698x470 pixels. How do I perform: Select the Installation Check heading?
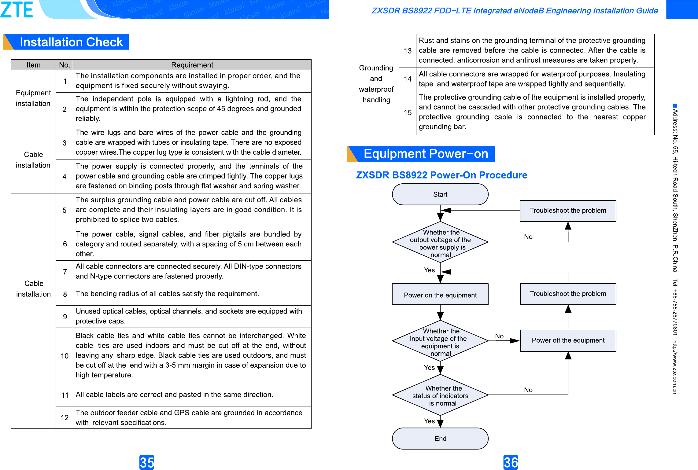(x=71, y=42)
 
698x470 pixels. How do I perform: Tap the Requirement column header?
(x=192, y=65)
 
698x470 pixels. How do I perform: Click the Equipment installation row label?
(x=33, y=98)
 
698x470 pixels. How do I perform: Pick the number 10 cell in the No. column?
(x=65, y=356)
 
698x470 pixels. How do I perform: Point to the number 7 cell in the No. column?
(x=65, y=272)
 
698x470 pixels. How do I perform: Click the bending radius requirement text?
(x=167, y=294)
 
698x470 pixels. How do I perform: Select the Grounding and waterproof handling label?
(x=376, y=84)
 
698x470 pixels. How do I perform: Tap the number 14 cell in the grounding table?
(x=408, y=79)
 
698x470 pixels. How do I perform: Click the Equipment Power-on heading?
(x=426, y=154)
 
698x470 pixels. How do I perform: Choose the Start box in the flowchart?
(x=440, y=194)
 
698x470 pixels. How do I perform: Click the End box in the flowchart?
(x=440, y=439)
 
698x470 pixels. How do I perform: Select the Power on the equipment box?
(x=440, y=295)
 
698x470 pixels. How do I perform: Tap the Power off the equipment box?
(x=568, y=340)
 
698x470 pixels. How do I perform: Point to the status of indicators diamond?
(x=440, y=395)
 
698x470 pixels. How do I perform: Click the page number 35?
(x=147, y=462)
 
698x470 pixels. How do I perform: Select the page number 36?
(x=511, y=462)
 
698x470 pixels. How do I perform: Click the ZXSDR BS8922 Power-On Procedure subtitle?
(x=441, y=175)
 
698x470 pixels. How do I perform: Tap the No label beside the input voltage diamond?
(x=499, y=336)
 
